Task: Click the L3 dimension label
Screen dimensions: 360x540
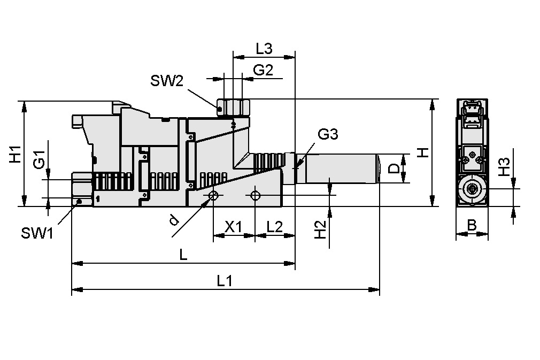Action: [264, 49]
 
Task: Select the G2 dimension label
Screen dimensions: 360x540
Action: [263, 70]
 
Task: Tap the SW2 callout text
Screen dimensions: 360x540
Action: [166, 81]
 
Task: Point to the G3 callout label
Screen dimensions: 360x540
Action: [328, 135]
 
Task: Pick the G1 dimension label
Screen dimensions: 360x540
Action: [39, 160]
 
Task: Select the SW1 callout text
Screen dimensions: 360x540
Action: [37, 233]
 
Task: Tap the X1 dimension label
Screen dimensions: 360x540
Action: [233, 226]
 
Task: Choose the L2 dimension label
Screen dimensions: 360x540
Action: [274, 226]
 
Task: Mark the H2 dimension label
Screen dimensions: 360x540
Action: [320, 230]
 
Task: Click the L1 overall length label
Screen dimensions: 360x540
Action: [225, 280]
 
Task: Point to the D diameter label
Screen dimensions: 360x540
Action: [394, 168]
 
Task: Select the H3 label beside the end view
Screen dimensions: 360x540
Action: [503, 167]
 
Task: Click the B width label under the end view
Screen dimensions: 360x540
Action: [471, 225]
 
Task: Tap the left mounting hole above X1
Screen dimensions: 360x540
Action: [213, 196]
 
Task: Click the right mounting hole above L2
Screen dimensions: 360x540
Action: [255, 196]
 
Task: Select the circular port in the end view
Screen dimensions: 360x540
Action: [472, 189]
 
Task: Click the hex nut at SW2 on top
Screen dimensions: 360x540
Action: [233, 107]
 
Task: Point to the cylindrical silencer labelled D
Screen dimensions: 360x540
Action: [342, 168]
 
